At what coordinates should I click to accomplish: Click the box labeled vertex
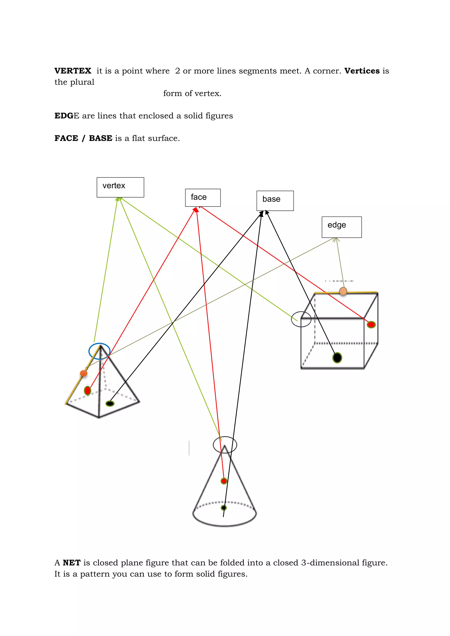coord(120,187)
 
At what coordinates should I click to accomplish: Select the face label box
coord(203,198)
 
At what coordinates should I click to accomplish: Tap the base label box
coord(275,201)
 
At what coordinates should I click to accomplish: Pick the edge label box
coord(341,227)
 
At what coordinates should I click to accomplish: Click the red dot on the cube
coord(371,324)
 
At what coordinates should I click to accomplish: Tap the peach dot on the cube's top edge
coord(343,291)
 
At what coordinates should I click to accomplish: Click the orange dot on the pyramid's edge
coord(83,373)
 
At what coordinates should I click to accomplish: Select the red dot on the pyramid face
coord(88,391)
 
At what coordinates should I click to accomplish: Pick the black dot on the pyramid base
coord(110,404)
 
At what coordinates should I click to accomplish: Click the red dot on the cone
coord(224,481)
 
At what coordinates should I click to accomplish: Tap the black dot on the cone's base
coord(224,508)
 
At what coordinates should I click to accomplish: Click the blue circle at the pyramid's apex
coord(100,351)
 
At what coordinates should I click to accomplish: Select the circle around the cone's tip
coord(225,445)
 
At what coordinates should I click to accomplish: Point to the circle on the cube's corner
coord(301,319)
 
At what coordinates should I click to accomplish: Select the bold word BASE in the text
coord(101,138)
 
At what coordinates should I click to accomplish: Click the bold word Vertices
coord(362,71)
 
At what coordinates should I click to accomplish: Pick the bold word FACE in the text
coord(66,138)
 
